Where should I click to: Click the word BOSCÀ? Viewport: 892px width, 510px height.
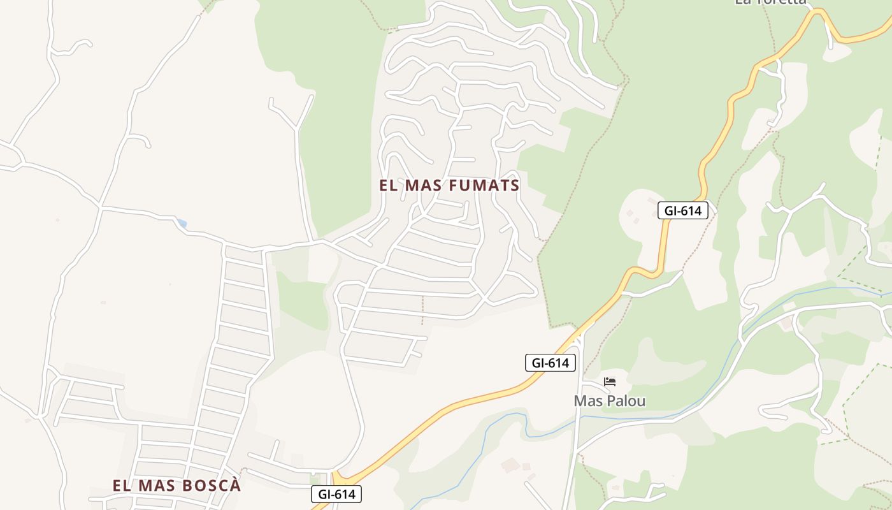tap(212, 485)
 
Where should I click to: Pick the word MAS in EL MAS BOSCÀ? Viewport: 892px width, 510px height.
tap(157, 485)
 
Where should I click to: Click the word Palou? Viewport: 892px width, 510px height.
tap(626, 401)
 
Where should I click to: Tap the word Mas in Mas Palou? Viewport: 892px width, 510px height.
tap(588, 401)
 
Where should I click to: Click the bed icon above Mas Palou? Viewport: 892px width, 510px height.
tap(610, 382)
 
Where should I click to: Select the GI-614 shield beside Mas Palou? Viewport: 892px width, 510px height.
tap(550, 363)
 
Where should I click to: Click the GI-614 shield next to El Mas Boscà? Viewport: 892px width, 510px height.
tap(336, 493)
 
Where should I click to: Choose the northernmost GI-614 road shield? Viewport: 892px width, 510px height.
tap(683, 210)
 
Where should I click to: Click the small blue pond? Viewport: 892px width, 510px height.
tap(182, 224)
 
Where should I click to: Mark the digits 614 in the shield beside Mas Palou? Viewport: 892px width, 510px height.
tap(558, 363)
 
